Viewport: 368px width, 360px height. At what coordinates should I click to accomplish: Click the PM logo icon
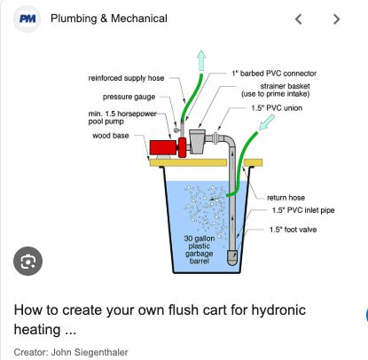[x=27, y=19]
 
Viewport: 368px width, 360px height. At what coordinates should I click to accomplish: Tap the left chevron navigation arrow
[x=299, y=20]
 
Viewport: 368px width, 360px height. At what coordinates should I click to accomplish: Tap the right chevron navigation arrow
[x=336, y=20]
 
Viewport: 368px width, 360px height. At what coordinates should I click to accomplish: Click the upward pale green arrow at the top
[x=201, y=60]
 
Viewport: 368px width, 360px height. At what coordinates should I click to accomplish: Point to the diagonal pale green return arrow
[x=267, y=122]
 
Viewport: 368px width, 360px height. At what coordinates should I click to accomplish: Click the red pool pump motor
[x=163, y=147]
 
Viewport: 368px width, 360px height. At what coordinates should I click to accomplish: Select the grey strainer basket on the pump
[x=197, y=141]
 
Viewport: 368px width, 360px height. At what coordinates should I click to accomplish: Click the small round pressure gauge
[x=176, y=130]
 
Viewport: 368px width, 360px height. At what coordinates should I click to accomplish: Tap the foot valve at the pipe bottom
[x=232, y=257]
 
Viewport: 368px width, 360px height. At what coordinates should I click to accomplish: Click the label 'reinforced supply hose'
[x=126, y=78]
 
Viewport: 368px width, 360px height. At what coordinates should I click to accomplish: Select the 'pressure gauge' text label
[x=129, y=97]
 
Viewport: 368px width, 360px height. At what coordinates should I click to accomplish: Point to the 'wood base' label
[x=111, y=136]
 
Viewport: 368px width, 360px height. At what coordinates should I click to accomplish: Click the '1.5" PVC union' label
[x=277, y=108]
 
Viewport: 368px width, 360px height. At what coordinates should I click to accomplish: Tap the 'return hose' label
[x=286, y=198]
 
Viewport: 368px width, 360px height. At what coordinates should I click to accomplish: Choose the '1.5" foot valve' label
[x=293, y=230]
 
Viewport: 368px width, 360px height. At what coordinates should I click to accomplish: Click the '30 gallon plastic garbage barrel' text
[x=200, y=249]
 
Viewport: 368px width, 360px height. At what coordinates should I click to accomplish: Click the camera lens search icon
[x=27, y=261]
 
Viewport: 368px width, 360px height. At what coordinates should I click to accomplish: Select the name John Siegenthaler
[x=90, y=352]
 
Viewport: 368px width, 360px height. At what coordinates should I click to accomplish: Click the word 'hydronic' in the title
[x=278, y=310]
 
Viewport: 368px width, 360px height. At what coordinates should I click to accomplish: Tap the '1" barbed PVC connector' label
[x=274, y=74]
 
